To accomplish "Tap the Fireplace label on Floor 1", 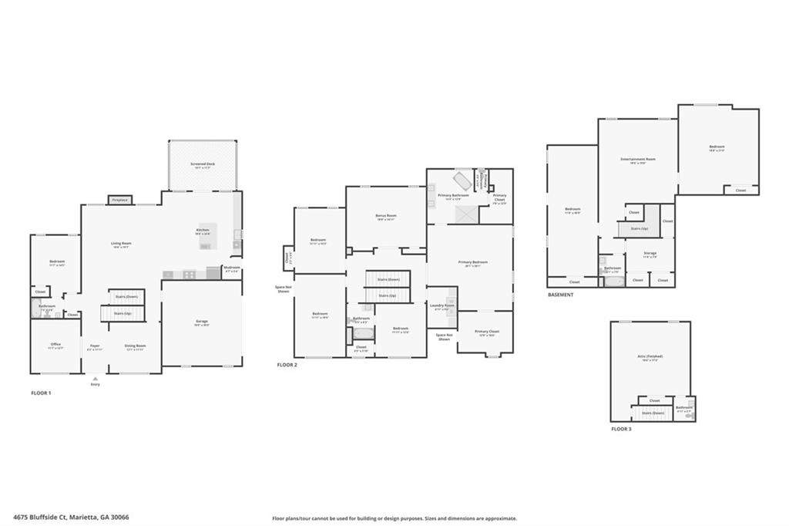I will [119, 200].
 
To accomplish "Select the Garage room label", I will [201, 321].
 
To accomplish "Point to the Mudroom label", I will [231, 269].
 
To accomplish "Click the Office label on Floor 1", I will [55, 345].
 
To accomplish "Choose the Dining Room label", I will [136, 346].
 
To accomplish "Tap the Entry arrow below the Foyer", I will [95, 379].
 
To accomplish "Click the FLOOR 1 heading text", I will [41, 393].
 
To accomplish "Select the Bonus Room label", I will [386, 216].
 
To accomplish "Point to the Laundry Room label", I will [442, 305].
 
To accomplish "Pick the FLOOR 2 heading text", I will [287, 364].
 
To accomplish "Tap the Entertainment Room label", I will [638, 160].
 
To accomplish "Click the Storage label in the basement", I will [650, 253].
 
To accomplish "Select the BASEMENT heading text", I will [561, 295].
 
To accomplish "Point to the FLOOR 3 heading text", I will [621, 428].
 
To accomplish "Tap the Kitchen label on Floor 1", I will [203, 230].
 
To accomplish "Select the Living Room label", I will [121, 244].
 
